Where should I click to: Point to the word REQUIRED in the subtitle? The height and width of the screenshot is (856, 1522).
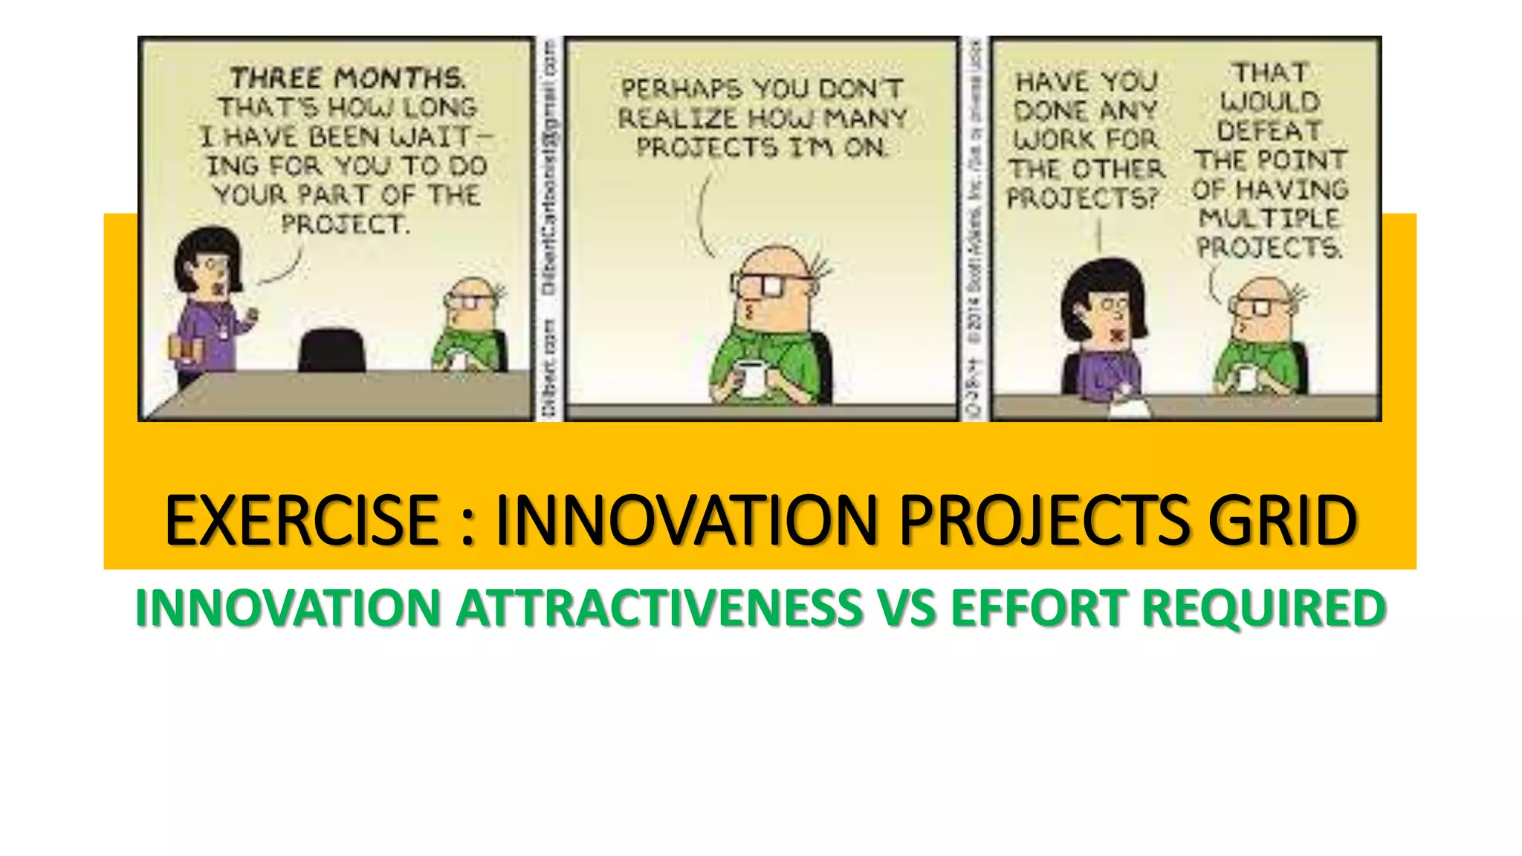[x=1263, y=608]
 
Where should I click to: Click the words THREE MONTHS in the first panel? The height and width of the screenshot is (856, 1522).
[x=347, y=78]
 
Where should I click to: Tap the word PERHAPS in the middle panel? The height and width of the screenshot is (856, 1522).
[x=681, y=89]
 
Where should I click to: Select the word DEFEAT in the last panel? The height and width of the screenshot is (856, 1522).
[x=1269, y=132]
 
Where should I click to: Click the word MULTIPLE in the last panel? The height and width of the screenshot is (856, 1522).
[x=1269, y=218]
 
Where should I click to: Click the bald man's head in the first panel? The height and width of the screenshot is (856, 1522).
[x=470, y=294]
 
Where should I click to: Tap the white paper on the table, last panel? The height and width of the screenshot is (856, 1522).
[x=1128, y=408]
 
